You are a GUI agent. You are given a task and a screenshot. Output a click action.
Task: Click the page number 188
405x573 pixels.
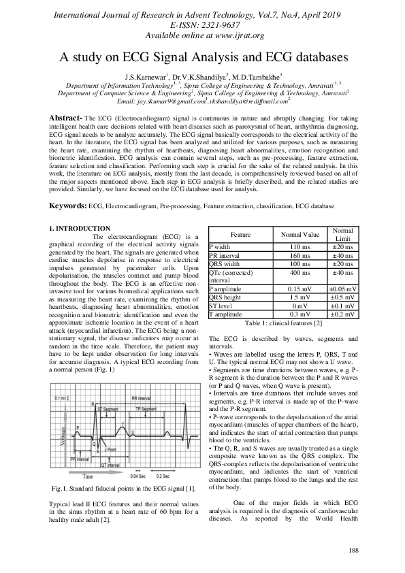click(353, 550)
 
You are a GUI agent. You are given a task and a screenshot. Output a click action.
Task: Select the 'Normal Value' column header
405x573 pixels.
click(300, 234)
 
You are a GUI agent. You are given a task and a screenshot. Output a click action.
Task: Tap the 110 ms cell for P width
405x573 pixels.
click(300, 246)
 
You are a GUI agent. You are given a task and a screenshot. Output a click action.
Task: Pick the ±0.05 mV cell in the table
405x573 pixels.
click(342, 289)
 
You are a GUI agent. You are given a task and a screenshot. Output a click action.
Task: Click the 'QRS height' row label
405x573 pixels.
click(226, 297)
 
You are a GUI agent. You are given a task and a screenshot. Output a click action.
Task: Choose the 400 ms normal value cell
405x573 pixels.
click(300, 272)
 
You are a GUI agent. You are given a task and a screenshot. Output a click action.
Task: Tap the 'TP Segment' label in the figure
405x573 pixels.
click(146, 408)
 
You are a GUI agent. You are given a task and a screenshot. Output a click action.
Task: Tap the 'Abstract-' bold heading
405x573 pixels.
click(69, 118)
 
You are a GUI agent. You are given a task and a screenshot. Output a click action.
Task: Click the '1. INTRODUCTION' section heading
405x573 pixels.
click(80, 228)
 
